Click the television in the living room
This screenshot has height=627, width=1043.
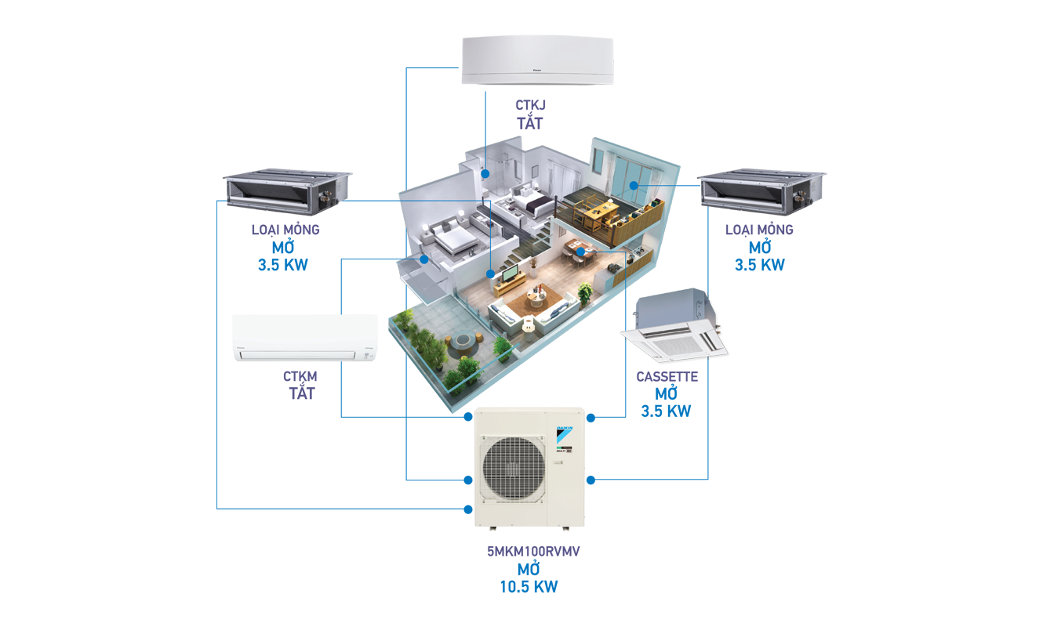coord(511,275)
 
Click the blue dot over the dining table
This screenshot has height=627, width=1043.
coord(580,252)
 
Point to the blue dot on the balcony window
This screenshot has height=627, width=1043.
coord(634,185)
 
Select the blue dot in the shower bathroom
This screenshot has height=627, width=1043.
coord(485,174)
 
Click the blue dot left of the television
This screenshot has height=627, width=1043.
coord(490,274)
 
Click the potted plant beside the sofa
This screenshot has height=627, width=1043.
coord(584,295)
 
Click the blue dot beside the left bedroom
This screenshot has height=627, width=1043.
coord(423,259)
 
